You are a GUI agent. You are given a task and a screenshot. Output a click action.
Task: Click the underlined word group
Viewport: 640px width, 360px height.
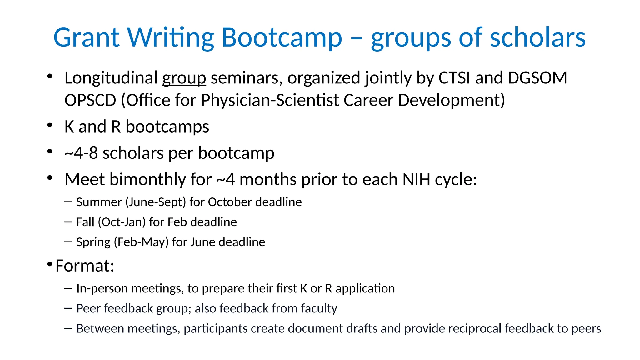(184, 78)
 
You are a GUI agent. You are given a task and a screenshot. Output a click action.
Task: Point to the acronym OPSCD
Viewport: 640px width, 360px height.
(90, 100)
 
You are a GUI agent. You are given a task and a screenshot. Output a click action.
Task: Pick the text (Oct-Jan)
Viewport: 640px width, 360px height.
(122, 222)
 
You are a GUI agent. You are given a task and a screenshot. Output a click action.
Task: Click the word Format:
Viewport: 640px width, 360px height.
(85, 266)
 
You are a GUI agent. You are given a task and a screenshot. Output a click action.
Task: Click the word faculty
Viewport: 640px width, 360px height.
(319, 308)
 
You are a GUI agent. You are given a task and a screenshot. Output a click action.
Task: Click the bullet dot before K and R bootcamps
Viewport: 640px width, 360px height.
(50, 125)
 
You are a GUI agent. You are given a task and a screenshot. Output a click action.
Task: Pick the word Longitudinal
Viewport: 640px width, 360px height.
(111, 78)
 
